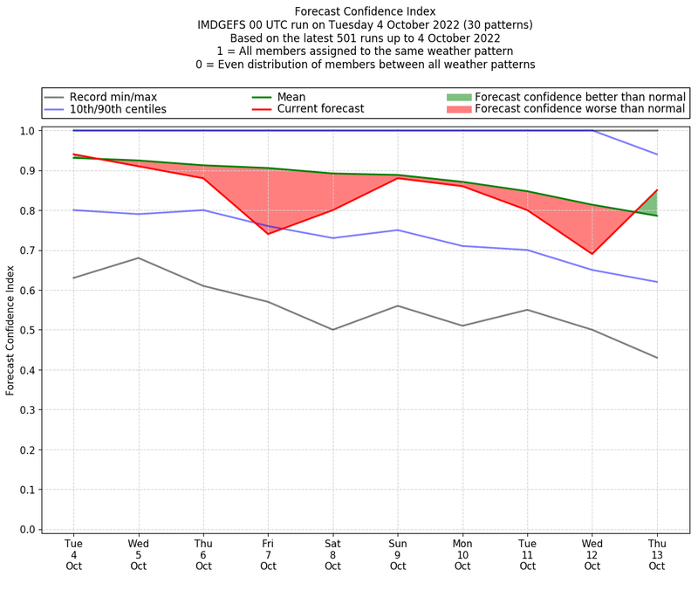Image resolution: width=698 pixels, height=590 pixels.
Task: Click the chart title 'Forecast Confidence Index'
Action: click(x=364, y=11)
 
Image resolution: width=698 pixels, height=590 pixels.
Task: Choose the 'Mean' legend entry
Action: click(x=292, y=96)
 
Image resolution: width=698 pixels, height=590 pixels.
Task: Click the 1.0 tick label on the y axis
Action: click(x=27, y=131)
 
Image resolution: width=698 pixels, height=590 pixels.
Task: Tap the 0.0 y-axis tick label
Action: click(x=27, y=530)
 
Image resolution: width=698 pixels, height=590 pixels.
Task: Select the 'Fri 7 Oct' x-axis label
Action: click(x=268, y=554)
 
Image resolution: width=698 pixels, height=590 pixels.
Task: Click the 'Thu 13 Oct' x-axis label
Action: click(x=657, y=554)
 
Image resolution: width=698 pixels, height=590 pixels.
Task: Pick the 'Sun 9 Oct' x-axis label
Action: click(x=398, y=554)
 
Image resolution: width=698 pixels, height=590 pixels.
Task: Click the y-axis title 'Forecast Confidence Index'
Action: click(x=10, y=330)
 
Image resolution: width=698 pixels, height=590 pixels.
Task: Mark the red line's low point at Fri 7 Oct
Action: click(x=268, y=234)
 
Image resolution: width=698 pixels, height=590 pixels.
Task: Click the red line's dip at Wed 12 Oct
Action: click(x=592, y=254)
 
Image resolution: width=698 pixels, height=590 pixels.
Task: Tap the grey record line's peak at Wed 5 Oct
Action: click(x=138, y=257)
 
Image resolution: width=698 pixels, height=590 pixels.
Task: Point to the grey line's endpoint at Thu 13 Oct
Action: click(x=657, y=358)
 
